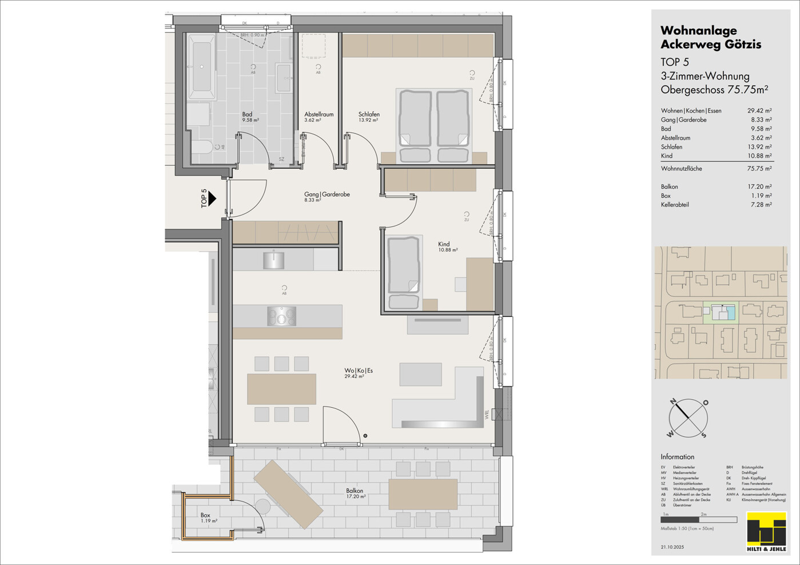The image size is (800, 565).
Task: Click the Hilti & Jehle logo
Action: (x=766, y=532)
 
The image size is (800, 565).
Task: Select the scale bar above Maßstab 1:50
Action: (x=698, y=520)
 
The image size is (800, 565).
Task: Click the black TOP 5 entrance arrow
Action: (x=212, y=198)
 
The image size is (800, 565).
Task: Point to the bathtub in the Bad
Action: (x=201, y=67)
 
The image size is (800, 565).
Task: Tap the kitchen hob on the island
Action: (x=281, y=316)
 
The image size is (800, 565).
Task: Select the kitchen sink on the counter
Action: (x=274, y=260)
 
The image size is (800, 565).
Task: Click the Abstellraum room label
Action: (x=319, y=114)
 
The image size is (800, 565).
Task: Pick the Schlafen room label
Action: (x=369, y=114)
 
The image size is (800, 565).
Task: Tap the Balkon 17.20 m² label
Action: (x=355, y=493)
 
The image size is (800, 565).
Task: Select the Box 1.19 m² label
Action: (x=207, y=518)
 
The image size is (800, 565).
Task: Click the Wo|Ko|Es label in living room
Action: (x=359, y=373)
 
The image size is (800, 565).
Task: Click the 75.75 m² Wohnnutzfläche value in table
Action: (x=759, y=169)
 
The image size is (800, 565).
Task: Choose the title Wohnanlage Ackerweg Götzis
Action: (x=711, y=37)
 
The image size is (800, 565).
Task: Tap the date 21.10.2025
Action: (x=672, y=547)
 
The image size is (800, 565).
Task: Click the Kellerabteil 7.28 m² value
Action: (x=761, y=205)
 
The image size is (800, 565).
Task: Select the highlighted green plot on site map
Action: (x=721, y=313)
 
